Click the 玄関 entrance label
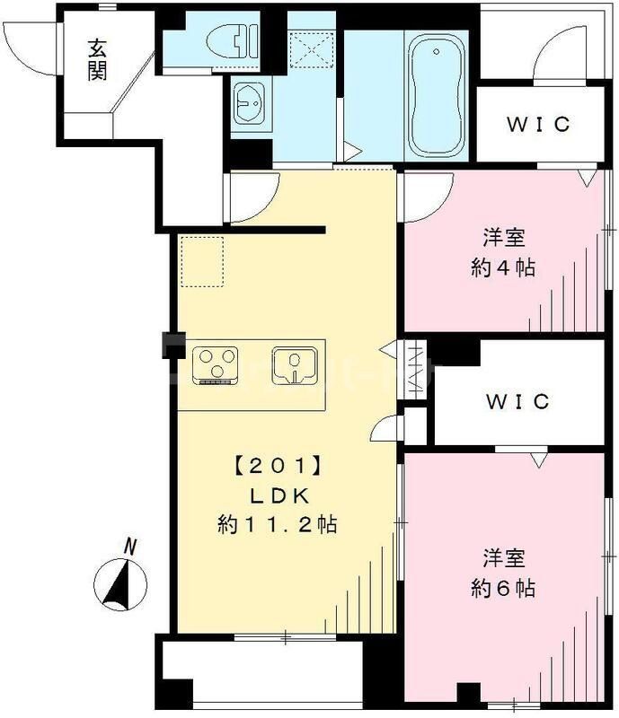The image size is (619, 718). click(97, 59)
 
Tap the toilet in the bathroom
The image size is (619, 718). click(231, 41)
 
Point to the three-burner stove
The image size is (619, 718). click(217, 364)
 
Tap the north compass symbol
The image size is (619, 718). click(122, 583)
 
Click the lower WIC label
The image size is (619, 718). click(518, 401)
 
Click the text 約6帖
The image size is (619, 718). click(504, 588)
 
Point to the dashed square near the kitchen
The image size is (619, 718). click(202, 260)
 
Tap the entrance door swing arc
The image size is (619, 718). click(25, 45)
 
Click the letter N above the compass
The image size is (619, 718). click(132, 544)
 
